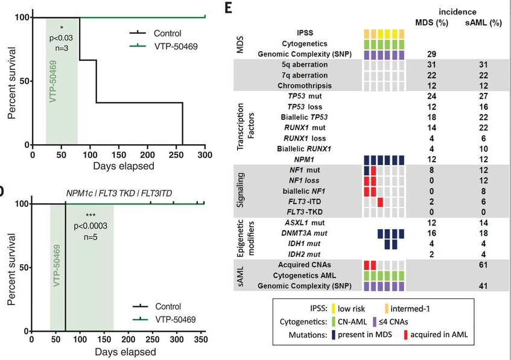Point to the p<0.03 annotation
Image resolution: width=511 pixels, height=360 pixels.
click(x=61, y=38)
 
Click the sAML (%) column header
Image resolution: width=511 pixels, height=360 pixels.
click(x=484, y=23)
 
